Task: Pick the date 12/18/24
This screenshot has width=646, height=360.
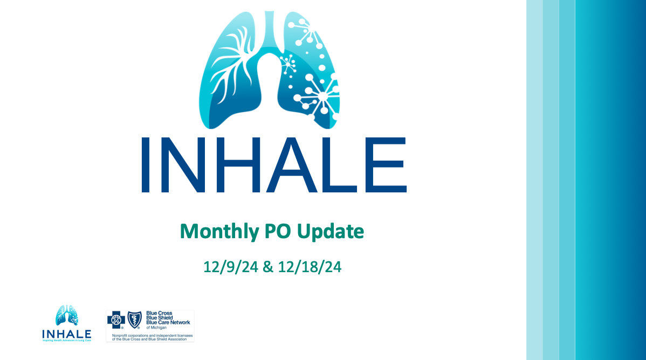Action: click(x=310, y=267)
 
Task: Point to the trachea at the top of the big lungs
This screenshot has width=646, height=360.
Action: click(x=269, y=32)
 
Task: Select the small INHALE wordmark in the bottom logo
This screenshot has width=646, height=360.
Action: click(x=67, y=334)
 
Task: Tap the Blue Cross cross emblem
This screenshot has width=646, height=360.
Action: click(x=116, y=320)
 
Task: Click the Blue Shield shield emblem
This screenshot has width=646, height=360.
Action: click(x=134, y=320)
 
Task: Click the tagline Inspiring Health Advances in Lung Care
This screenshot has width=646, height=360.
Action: click(x=67, y=341)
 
